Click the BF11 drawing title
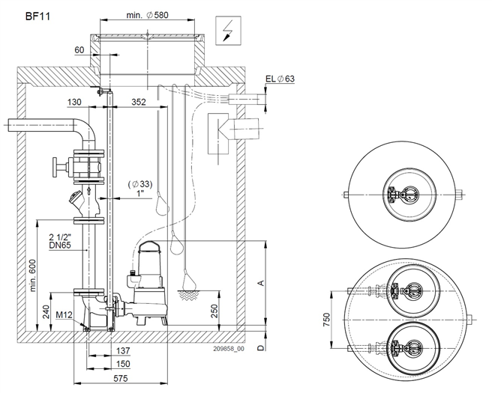click(37, 16)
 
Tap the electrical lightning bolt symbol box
click(229, 31)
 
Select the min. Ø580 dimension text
click(147, 15)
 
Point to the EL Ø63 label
click(280, 79)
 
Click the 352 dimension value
click(139, 102)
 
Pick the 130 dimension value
click(74, 102)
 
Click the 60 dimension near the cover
click(79, 50)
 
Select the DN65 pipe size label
click(60, 245)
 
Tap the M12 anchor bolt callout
click(64, 315)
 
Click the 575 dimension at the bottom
click(121, 378)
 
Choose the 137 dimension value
click(123, 351)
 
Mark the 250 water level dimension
click(214, 311)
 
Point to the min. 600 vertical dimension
click(33, 275)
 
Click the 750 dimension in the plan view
click(327, 320)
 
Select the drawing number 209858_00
click(229, 349)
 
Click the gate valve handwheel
click(55, 166)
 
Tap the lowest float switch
click(187, 280)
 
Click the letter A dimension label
click(261, 284)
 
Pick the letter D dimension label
click(261, 347)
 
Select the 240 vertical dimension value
click(46, 311)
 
